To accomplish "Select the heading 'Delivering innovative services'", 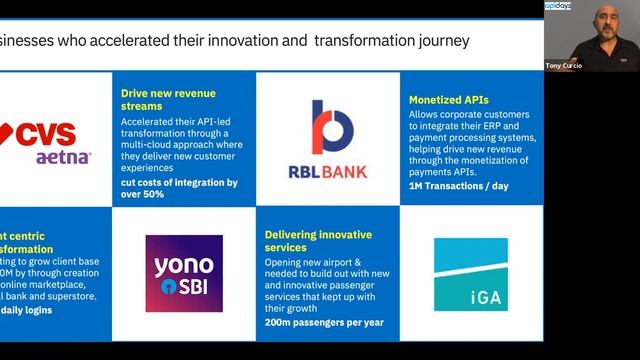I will point(318,241).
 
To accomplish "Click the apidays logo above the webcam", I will point(557,6).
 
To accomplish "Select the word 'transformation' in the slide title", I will point(364,41).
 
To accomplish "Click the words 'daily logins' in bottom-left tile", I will point(27,311).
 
